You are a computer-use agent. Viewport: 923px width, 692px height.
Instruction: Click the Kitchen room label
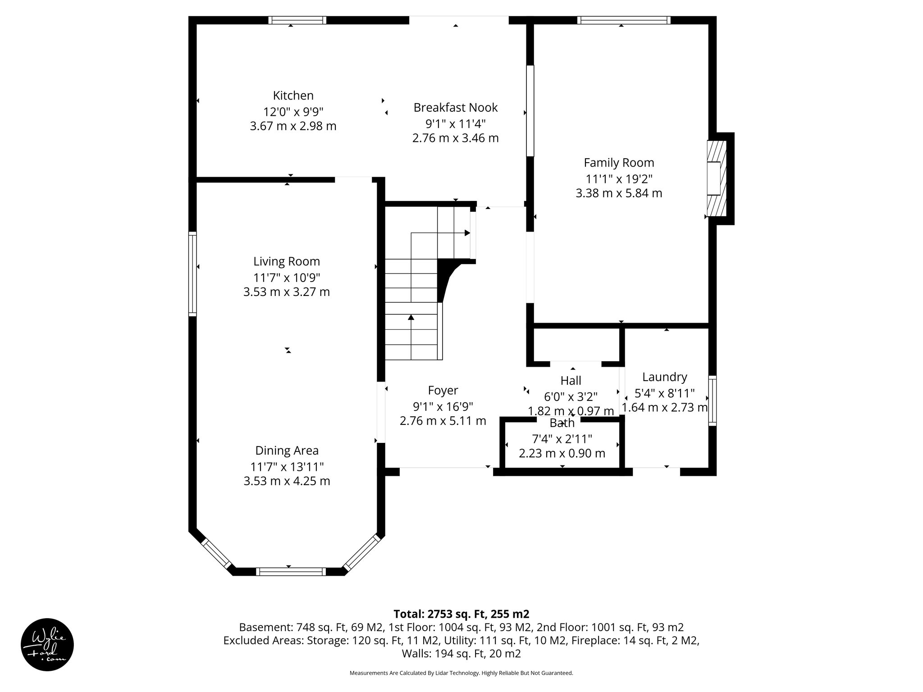[293, 96]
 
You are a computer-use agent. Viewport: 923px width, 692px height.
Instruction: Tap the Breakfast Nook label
[455, 108]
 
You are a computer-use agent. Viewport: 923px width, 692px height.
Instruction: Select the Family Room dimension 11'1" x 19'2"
[618, 179]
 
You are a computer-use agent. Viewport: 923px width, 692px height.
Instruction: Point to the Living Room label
[287, 261]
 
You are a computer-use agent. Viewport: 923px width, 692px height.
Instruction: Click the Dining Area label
[287, 451]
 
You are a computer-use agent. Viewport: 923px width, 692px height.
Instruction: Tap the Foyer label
[443, 390]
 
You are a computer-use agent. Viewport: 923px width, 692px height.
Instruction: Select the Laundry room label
[664, 377]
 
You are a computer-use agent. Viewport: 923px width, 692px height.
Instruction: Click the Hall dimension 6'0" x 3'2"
[571, 397]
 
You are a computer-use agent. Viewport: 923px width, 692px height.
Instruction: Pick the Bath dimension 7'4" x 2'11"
[562, 438]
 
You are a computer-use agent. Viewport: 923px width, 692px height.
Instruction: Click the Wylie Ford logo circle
[47, 645]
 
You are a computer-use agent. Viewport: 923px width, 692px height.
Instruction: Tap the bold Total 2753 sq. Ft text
[461, 614]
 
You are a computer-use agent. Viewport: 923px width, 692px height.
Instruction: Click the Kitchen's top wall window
[297, 20]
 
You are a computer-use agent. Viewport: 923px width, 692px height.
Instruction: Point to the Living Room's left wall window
[192, 273]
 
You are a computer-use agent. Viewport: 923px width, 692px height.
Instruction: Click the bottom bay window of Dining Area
[291, 572]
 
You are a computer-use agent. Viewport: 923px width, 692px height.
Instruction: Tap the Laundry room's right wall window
[712, 400]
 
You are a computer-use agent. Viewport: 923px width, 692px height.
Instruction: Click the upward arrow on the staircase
[411, 318]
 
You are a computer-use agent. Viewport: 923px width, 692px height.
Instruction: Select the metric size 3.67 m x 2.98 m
[293, 126]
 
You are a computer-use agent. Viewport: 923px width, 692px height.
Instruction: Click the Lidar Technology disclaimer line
[461, 673]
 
